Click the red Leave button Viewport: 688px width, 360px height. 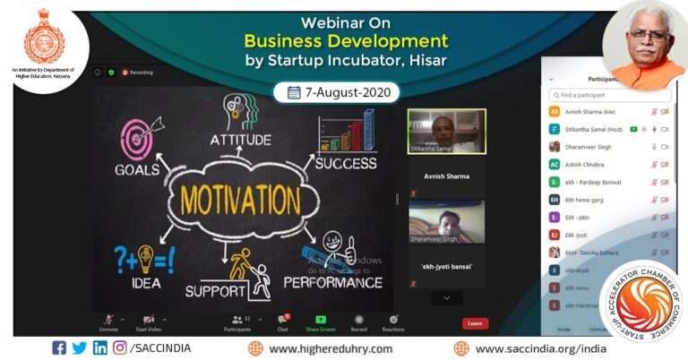click(475, 323)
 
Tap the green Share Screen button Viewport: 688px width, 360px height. click(320, 321)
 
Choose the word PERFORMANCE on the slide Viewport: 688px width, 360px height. click(332, 282)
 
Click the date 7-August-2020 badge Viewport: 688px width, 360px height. click(336, 92)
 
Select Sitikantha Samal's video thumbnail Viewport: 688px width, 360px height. click(446, 132)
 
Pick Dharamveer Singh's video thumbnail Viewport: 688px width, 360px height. click(446, 221)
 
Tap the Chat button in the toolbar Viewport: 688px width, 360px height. click(282, 321)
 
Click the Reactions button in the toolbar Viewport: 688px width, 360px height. click(392, 321)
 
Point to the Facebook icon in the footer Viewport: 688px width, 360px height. click(59, 347)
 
